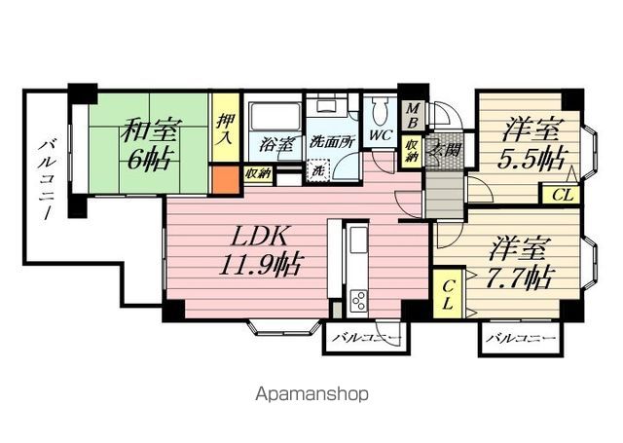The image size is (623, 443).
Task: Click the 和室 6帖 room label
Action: tap(150, 144)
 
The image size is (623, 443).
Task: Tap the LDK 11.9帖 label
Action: tap(261, 250)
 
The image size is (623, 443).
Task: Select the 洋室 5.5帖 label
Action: tap(532, 145)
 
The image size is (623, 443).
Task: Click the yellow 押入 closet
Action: tap(225, 128)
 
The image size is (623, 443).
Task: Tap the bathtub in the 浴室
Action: tap(275, 117)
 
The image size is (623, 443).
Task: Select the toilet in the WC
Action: tap(381, 112)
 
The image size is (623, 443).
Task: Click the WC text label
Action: tap(381, 135)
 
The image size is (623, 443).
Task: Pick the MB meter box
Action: tap(412, 115)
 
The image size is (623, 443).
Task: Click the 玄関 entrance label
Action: tap(446, 151)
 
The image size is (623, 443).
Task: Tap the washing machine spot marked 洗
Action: tap(318, 170)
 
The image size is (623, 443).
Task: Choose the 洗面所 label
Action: tap(331, 142)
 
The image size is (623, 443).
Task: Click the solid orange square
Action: tap(225, 180)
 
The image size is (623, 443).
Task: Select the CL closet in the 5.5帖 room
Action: tap(562, 195)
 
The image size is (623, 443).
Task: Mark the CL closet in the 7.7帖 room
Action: tap(448, 293)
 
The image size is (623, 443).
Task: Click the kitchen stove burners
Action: tap(358, 301)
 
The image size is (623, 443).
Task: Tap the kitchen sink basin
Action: tap(358, 239)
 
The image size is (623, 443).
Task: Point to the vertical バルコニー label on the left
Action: tap(46, 179)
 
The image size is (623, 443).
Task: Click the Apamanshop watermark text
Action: tap(311, 395)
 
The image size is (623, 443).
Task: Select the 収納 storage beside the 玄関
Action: tap(411, 151)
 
